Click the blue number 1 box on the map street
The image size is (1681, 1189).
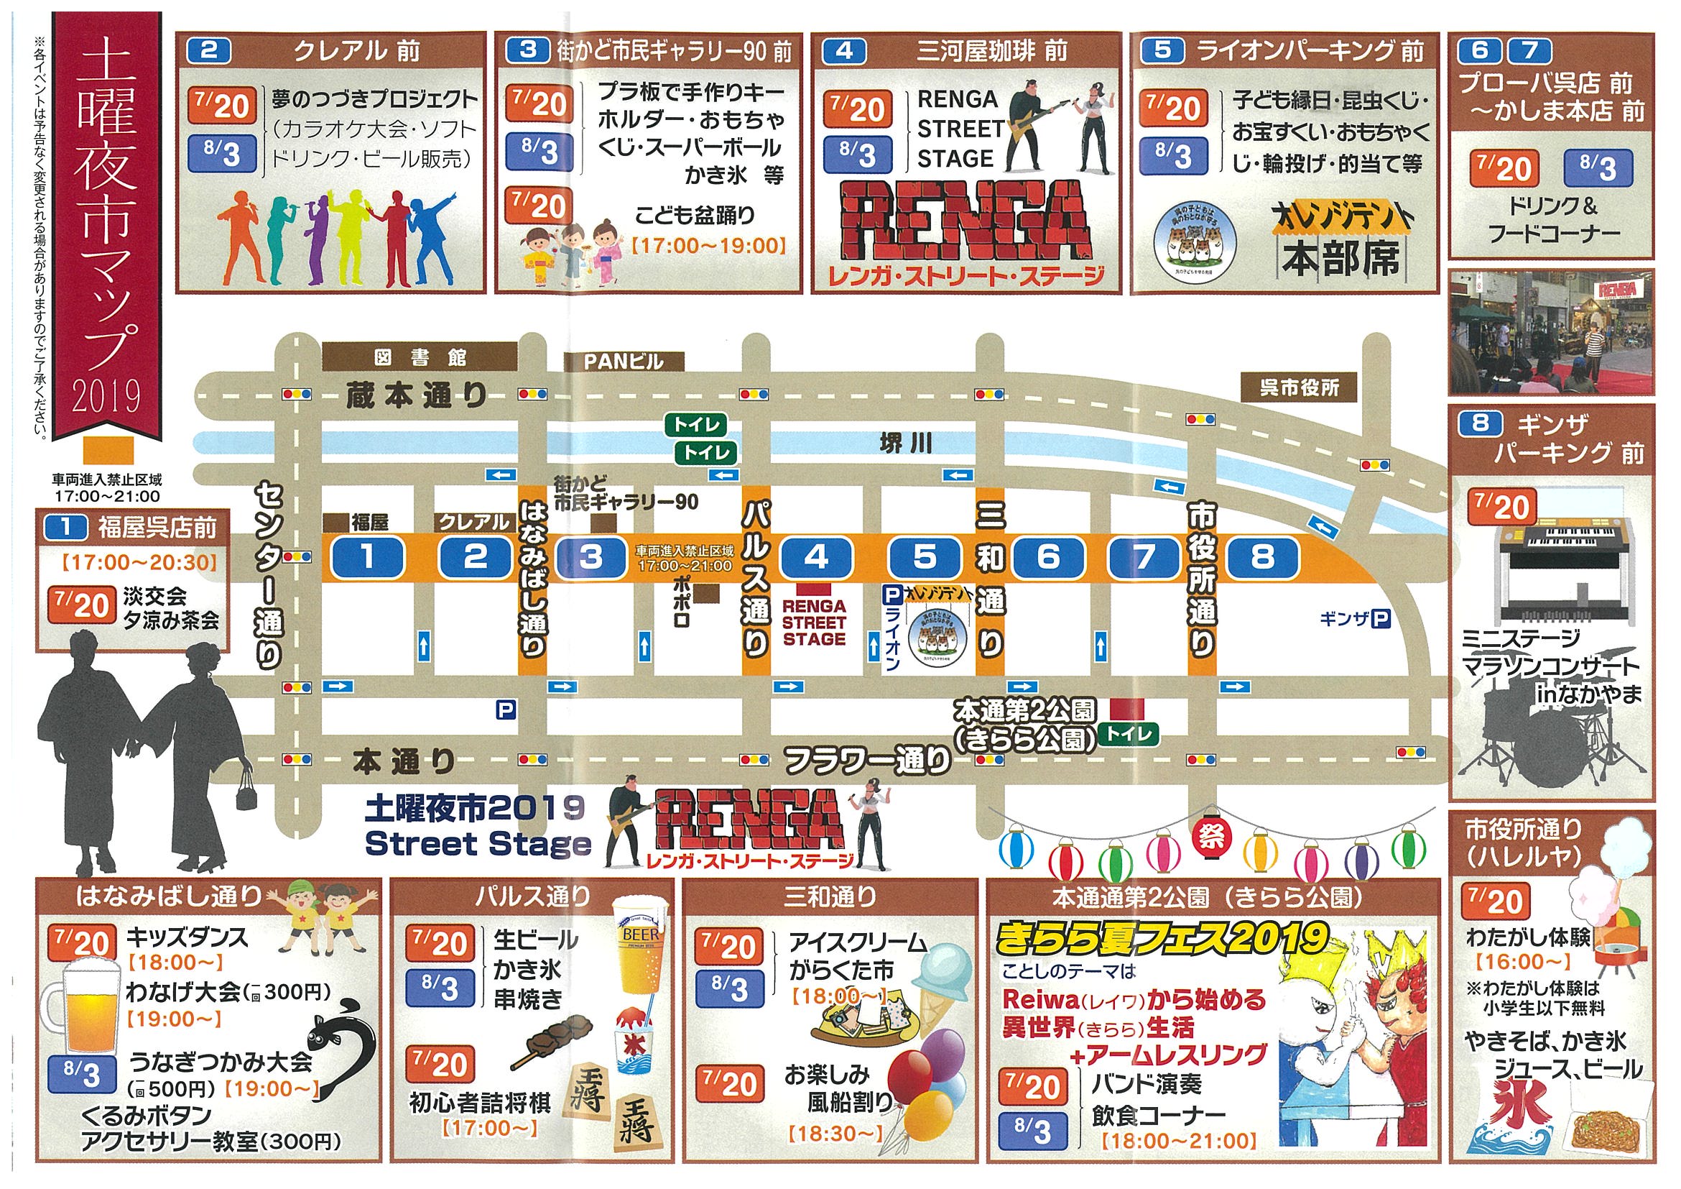click(367, 558)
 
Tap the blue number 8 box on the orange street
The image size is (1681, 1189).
click(1262, 558)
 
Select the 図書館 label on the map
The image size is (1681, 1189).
click(420, 357)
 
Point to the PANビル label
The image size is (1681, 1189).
click(623, 361)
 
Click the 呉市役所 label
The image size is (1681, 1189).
click(1299, 387)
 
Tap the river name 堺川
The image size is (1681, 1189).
click(906, 444)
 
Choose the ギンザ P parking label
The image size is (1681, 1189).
click(1355, 620)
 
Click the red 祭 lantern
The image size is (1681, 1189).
click(1211, 836)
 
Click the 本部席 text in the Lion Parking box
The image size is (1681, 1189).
click(1340, 260)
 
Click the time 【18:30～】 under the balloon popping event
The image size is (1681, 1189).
click(835, 1134)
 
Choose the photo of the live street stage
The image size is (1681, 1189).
click(1552, 332)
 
